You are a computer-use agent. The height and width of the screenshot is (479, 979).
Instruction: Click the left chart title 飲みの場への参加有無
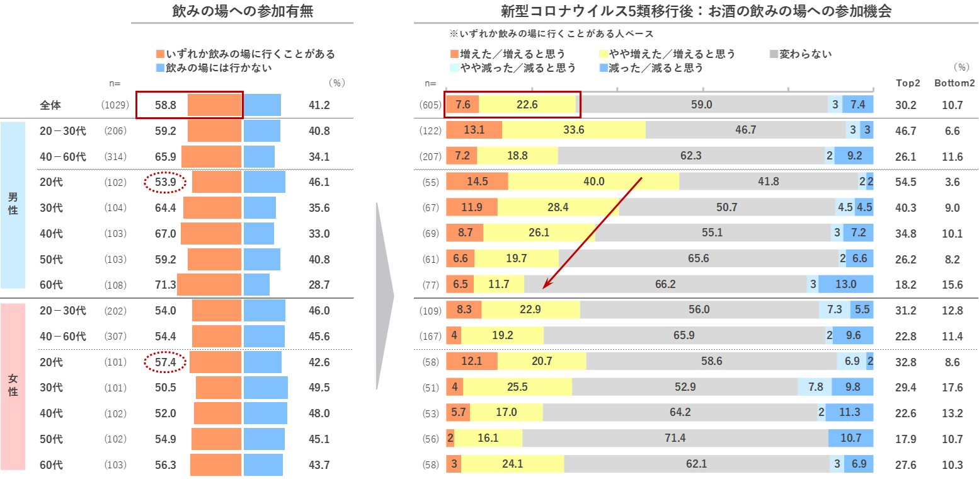coord(243,11)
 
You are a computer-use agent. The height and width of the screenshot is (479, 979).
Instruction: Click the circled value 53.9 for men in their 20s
coord(165,183)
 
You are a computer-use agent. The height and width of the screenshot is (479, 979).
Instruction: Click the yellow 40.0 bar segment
coord(593,182)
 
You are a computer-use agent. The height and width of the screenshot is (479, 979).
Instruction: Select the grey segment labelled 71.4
coord(675,439)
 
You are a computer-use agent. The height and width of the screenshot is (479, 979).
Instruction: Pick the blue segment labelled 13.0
coord(845,284)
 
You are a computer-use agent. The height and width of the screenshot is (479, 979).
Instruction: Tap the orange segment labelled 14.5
coord(477,182)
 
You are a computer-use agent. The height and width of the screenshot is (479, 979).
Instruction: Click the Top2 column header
coord(908,83)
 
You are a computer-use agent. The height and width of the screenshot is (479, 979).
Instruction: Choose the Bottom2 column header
coord(954,83)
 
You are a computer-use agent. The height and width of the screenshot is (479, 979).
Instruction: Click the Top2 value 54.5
coord(908,182)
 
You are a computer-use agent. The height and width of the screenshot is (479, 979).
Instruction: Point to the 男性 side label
coord(13,203)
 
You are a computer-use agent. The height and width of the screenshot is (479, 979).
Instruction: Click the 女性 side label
coord(13,385)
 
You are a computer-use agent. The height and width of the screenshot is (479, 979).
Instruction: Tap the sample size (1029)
coord(114,105)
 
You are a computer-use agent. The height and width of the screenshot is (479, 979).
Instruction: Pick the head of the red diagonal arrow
coord(545,289)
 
